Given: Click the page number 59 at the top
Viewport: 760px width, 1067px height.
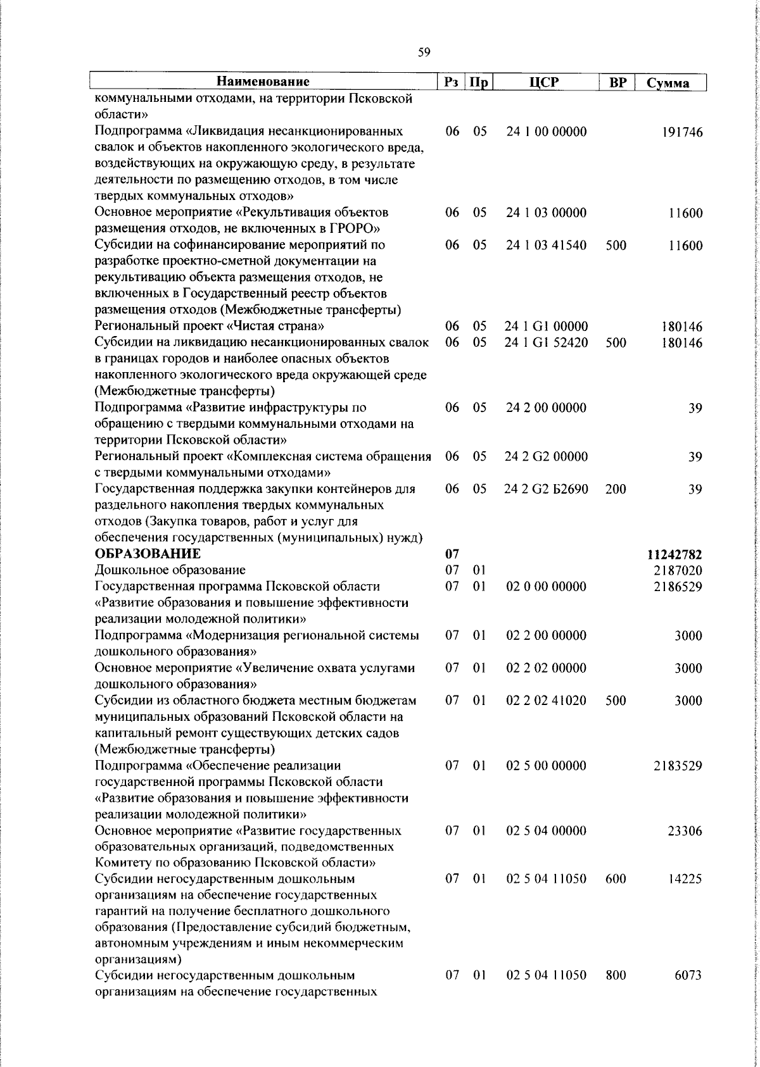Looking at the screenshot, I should coord(424,53).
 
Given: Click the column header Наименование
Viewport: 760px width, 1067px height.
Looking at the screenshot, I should coord(263,82).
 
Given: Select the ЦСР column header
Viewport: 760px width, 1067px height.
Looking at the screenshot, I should coord(545,82).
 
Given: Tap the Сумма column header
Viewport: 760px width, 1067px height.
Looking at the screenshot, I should coord(668,83).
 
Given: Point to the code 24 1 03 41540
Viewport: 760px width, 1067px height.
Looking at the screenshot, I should coord(546,246).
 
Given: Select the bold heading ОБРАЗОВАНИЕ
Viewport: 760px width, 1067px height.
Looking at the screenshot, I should coord(148,554).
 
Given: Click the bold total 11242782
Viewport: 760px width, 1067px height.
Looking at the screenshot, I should coord(674,555).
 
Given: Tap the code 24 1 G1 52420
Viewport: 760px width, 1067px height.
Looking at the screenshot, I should coord(546,343).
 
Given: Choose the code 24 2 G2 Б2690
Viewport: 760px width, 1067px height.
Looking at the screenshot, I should coord(546,489).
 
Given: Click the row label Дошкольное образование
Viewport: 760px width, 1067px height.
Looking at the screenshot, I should coord(170,570).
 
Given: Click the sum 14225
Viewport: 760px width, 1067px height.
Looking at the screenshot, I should coord(685,880).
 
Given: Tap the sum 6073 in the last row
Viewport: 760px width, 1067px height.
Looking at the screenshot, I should coord(688,993).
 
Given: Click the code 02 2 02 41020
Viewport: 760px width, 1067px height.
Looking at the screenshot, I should coord(546,701).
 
